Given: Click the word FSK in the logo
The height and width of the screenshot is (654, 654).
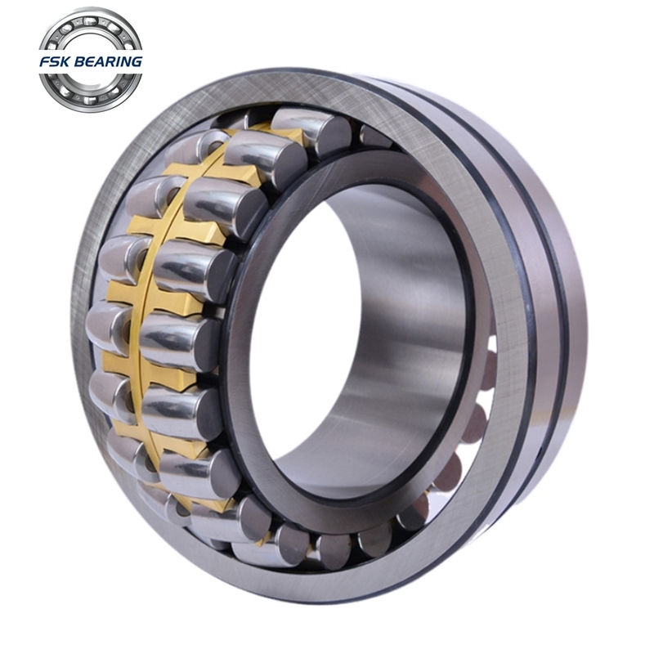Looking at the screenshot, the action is click(56, 62).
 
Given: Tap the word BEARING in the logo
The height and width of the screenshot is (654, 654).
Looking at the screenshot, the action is click(109, 62).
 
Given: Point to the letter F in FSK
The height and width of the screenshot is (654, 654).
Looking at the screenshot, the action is click(45, 62).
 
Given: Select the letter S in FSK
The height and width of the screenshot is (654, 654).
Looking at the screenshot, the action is click(55, 62).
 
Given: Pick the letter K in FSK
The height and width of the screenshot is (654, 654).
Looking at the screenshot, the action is click(66, 62).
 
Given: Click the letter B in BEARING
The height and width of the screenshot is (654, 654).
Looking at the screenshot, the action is click(80, 62).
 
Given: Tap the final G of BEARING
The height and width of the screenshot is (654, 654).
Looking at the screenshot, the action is click(137, 62).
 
